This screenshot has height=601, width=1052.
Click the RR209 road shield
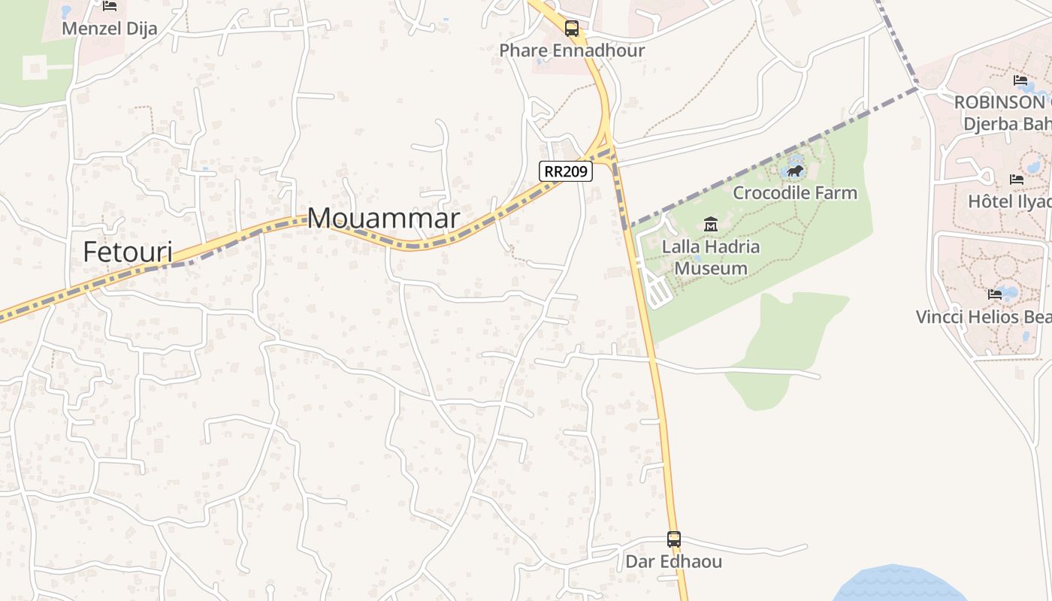tap(566, 171)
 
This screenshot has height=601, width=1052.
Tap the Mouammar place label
tap(383, 219)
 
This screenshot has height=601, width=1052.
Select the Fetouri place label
tap(128, 252)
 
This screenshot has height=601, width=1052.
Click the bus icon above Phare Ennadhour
tap(572, 29)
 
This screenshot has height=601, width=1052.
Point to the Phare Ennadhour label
tap(572, 50)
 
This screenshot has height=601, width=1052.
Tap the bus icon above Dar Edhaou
tap(674, 539)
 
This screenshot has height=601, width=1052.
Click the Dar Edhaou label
tap(674, 561)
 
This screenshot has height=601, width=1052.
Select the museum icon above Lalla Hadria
tap(710, 224)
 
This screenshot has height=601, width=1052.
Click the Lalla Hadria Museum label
tap(710, 257)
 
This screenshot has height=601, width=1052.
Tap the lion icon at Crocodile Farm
tap(795, 171)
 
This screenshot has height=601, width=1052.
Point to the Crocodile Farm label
tap(795, 192)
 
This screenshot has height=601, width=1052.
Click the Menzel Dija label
tap(110, 29)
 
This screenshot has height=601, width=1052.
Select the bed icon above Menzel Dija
tap(110, 7)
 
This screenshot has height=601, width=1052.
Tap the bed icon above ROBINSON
tap(1020, 80)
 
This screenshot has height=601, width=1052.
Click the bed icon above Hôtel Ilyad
tap(1017, 180)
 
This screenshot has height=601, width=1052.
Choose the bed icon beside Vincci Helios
tap(995, 294)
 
